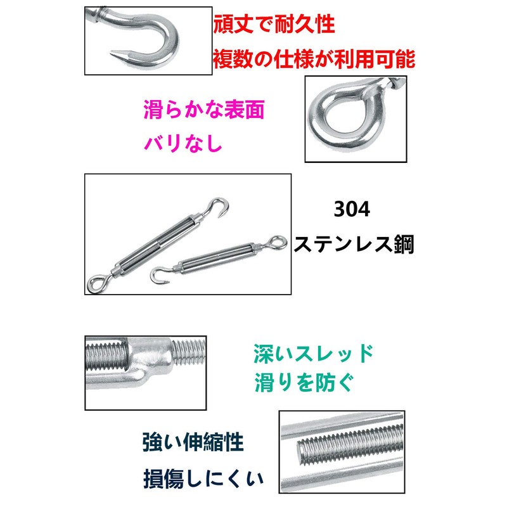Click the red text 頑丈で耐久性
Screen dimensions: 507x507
coord(274,25)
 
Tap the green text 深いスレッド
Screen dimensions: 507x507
coord(313,352)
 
